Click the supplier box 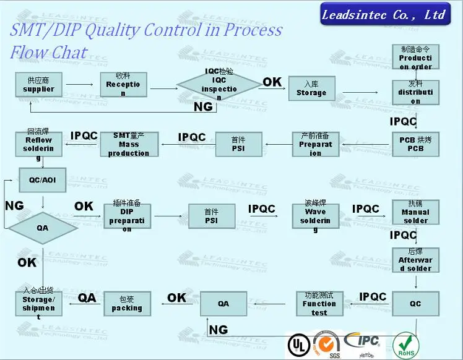(x=38, y=85)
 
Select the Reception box (x=123, y=85)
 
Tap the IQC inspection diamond (x=219, y=85)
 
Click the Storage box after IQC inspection (x=311, y=88)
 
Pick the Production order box (x=415, y=58)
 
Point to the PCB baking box (x=415, y=144)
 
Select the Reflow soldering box (x=38, y=144)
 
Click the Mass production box (x=129, y=144)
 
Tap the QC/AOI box (x=42, y=179)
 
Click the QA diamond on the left (x=42, y=228)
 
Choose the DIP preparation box (x=127, y=216)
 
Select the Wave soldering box (x=315, y=216)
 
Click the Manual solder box (x=415, y=212)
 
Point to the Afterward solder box (x=415, y=260)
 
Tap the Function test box (x=319, y=304)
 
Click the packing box (x=127, y=304)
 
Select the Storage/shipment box (x=38, y=304)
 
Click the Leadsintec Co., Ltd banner (x=384, y=15)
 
